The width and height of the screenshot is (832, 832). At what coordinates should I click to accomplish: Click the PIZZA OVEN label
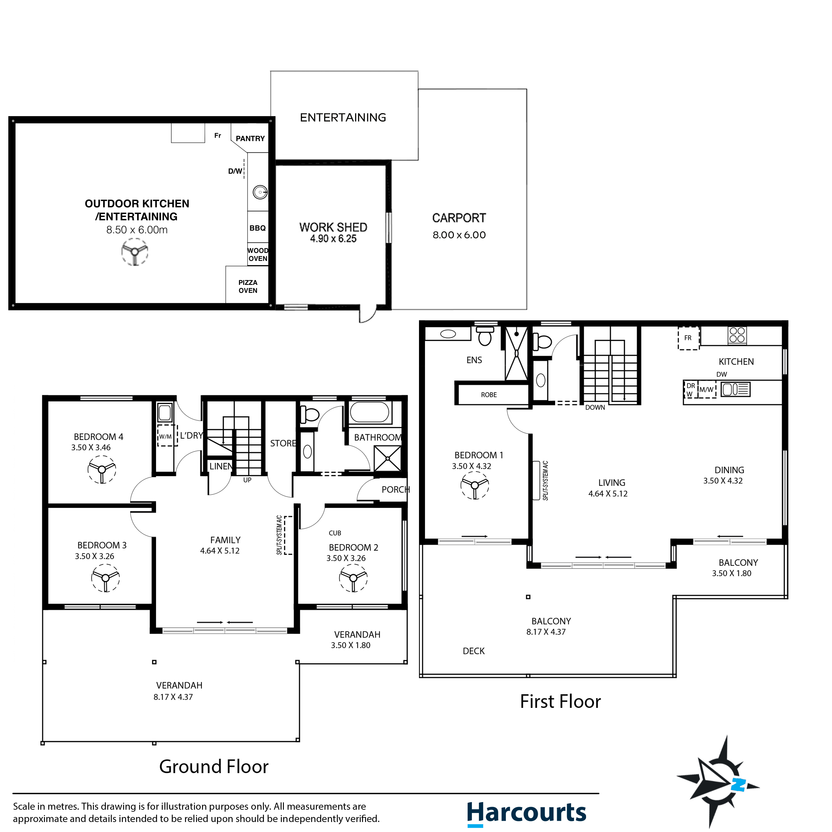248,287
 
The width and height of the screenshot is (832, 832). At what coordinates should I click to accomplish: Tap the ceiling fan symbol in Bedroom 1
475,485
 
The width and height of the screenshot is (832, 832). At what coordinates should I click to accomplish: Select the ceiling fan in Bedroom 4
102,469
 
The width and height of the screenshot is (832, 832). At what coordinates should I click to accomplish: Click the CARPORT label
459,218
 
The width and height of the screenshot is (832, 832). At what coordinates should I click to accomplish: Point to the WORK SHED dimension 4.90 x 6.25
333,239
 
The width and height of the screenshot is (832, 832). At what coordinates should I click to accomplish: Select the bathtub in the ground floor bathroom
369,412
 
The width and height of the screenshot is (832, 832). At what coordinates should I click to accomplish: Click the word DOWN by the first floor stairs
595,407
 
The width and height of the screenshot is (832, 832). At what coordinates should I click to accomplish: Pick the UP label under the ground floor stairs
247,480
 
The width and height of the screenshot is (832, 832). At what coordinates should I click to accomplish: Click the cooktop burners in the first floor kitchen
737,335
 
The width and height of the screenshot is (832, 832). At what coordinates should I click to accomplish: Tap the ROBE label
489,395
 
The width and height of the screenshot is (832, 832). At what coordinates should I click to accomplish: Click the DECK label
473,651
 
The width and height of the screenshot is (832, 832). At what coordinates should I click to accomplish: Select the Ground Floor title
214,766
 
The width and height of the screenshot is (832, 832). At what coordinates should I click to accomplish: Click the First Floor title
560,702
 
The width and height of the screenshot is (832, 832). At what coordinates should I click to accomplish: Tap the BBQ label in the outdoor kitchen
257,228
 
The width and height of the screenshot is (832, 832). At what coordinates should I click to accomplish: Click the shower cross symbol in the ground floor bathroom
387,459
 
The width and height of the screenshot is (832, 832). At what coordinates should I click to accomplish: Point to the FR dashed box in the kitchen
688,338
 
